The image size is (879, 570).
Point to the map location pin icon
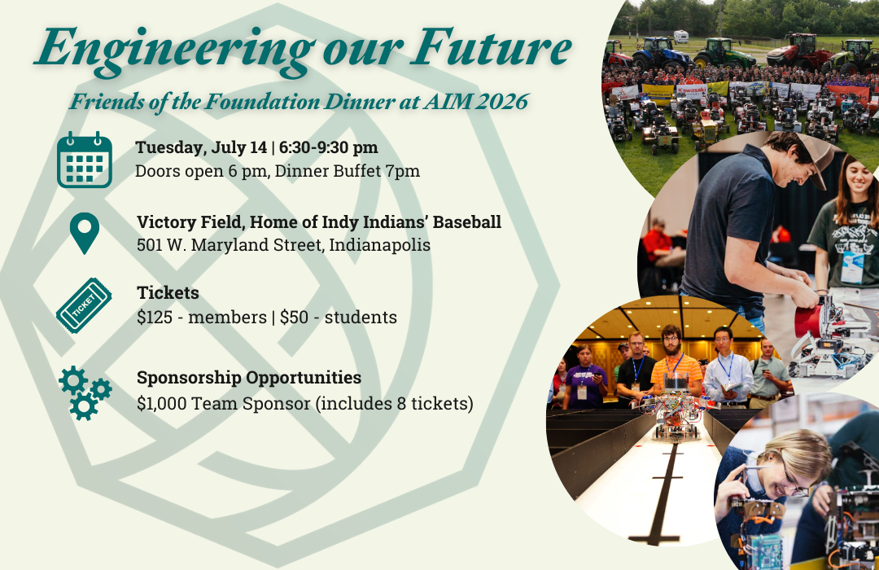pos(84,233)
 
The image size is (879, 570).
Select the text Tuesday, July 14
pos(201,147)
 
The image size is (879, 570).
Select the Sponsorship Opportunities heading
pos(249,378)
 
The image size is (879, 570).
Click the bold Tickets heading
pos(168,292)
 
